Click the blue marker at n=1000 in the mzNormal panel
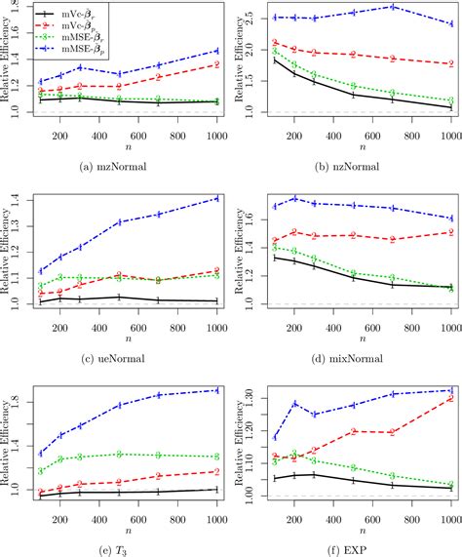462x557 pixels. pos(215,50)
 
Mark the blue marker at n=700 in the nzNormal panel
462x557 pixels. pos(393,7)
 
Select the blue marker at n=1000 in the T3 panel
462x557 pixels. pos(215,390)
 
